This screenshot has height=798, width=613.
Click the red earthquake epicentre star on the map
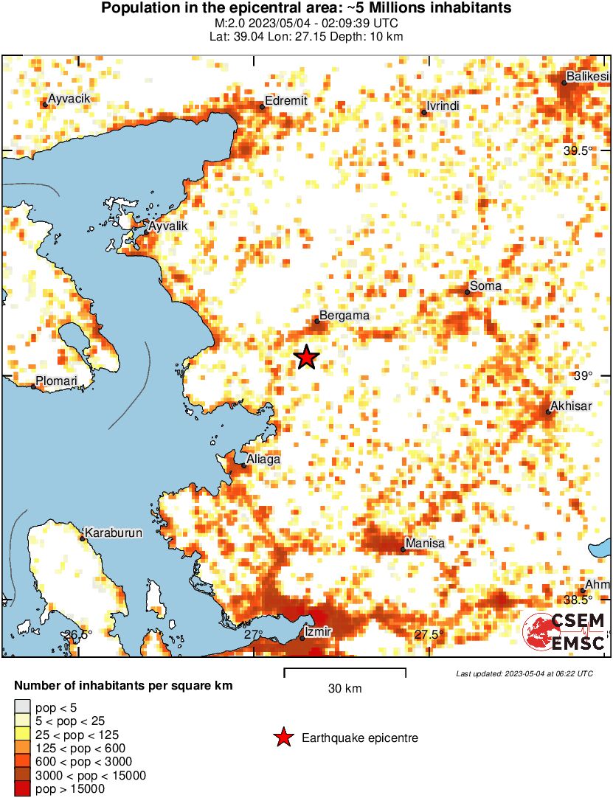point(306,358)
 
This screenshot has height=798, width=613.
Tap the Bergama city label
point(344,316)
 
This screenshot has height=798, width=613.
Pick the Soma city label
point(486,286)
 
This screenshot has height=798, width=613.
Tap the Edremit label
point(285,101)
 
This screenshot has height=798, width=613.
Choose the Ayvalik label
point(168,226)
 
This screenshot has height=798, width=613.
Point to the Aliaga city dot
point(245,465)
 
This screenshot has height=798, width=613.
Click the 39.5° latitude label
point(578,150)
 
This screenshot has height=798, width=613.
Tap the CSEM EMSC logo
point(564,632)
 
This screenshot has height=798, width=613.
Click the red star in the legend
point(283,738)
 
